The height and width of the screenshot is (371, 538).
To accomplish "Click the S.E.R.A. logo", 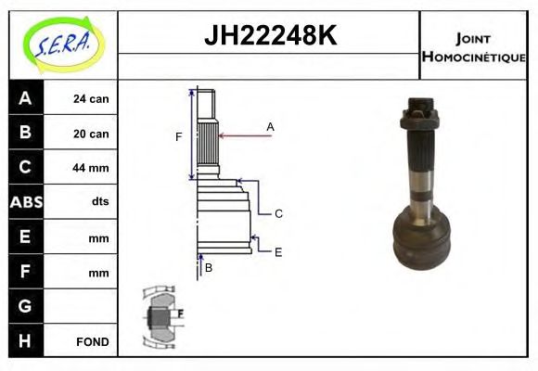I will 62,44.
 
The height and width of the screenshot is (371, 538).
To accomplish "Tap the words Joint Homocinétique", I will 473,46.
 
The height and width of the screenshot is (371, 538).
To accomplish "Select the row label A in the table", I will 25,98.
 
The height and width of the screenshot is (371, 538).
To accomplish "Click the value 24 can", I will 91,98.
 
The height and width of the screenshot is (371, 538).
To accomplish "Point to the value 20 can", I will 91,134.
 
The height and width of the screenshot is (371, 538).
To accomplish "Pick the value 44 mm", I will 91,168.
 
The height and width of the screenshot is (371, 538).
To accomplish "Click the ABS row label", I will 25,202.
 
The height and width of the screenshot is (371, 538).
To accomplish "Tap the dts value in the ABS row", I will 99,202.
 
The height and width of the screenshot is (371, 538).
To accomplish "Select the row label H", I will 25,340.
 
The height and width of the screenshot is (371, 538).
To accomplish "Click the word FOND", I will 92,341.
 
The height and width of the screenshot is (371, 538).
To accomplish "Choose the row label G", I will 25,306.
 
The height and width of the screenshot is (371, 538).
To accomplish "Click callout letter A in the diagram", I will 270,125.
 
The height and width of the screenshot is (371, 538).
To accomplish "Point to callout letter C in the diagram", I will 277,213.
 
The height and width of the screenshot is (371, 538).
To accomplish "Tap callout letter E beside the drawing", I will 277,250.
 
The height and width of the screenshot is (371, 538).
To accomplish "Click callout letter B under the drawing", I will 209,268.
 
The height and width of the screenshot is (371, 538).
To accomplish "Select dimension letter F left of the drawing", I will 179,137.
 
